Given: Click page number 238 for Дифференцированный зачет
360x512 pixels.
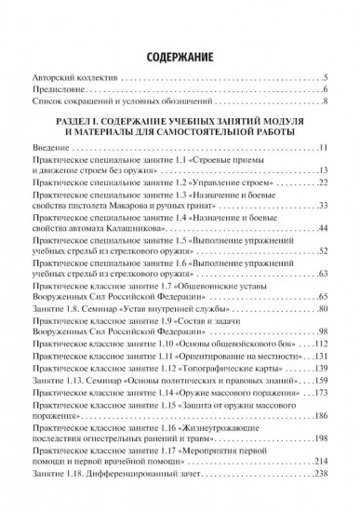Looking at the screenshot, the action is point(321,502).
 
